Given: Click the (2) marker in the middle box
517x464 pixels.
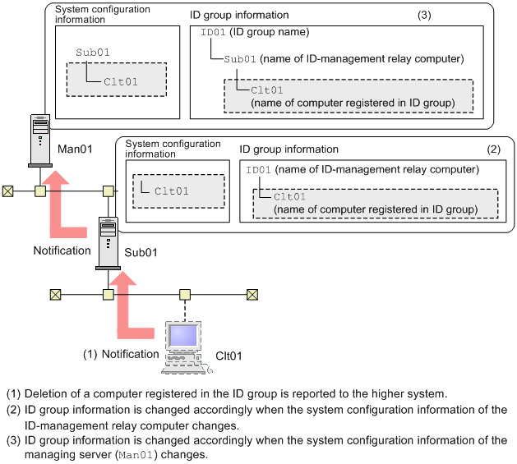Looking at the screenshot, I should [x=493, y=149].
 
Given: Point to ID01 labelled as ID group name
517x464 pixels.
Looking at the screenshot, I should [x=213, y=32].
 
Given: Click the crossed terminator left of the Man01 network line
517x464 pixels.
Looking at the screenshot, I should [x=8, y=191].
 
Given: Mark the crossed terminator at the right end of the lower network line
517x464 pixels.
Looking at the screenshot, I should [x=252, y=293].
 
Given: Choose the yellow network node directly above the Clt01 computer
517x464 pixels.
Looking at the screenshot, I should [x=187, y=293].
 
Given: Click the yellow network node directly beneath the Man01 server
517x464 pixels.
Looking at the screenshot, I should [x=39, y=191].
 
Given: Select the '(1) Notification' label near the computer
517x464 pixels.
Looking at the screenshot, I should [x=121, y=354].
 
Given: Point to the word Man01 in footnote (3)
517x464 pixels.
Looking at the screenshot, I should [x=136, y=455].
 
